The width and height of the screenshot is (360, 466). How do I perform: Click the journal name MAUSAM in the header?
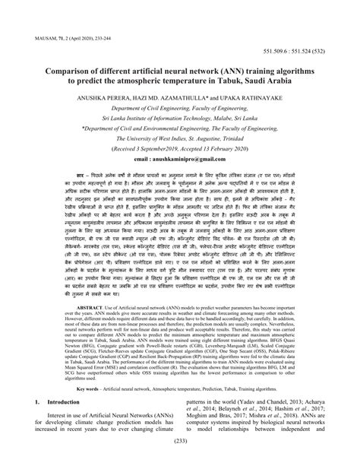pos(39,35)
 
